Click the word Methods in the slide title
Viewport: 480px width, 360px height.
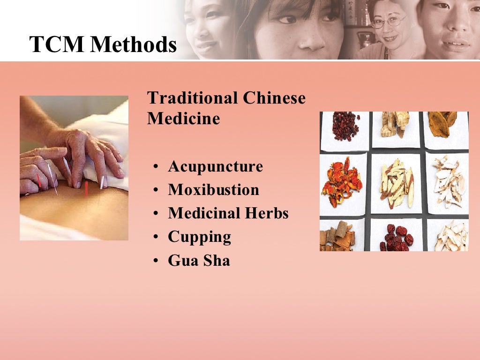[134, 45]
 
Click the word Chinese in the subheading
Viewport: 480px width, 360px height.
[274, 98]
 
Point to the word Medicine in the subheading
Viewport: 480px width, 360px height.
[183, 118]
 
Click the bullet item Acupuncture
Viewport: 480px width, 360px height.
[215, 166]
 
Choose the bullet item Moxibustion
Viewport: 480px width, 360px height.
[213, 190]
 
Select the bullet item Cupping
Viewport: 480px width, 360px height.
[199, 237]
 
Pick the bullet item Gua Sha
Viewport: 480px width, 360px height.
[199, 260]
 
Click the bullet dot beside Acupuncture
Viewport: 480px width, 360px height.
[155, 167]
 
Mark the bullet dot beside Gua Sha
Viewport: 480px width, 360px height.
[155, 261]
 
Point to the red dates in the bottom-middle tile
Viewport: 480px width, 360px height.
[396, 237]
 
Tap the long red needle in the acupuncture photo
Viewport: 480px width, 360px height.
[86, 188]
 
